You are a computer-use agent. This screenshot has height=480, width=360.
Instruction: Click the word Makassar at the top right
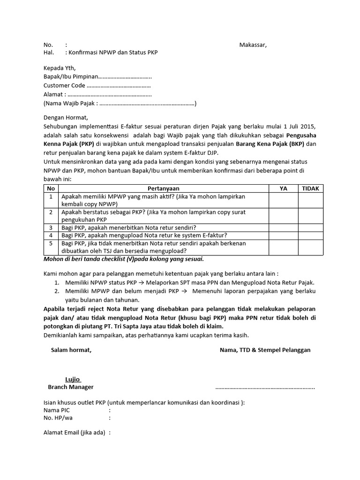click(253, 45)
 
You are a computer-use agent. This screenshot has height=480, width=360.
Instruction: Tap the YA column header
click(283, 188)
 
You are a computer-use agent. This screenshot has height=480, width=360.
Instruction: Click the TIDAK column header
click(310, 188)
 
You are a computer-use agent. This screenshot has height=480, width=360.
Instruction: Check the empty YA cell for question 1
click(283, 200)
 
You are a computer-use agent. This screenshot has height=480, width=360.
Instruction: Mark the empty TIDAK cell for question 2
click(310, 216)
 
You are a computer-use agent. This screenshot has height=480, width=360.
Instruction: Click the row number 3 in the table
click(51, 227)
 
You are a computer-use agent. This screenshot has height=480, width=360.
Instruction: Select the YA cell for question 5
click(283, 247)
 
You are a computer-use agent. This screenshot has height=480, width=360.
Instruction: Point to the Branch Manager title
click(71, 387)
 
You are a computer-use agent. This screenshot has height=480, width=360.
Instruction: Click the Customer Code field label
click(64, 86)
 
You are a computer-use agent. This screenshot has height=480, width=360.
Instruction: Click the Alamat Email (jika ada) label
click(74, 433)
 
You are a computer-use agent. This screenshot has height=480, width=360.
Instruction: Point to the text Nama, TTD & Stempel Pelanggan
click(265, 350)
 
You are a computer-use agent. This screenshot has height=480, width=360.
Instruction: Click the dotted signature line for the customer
click(265, 388)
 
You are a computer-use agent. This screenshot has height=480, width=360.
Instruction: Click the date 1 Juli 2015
click(300, 127)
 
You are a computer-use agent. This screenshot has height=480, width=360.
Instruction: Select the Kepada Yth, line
click(59, 68)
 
